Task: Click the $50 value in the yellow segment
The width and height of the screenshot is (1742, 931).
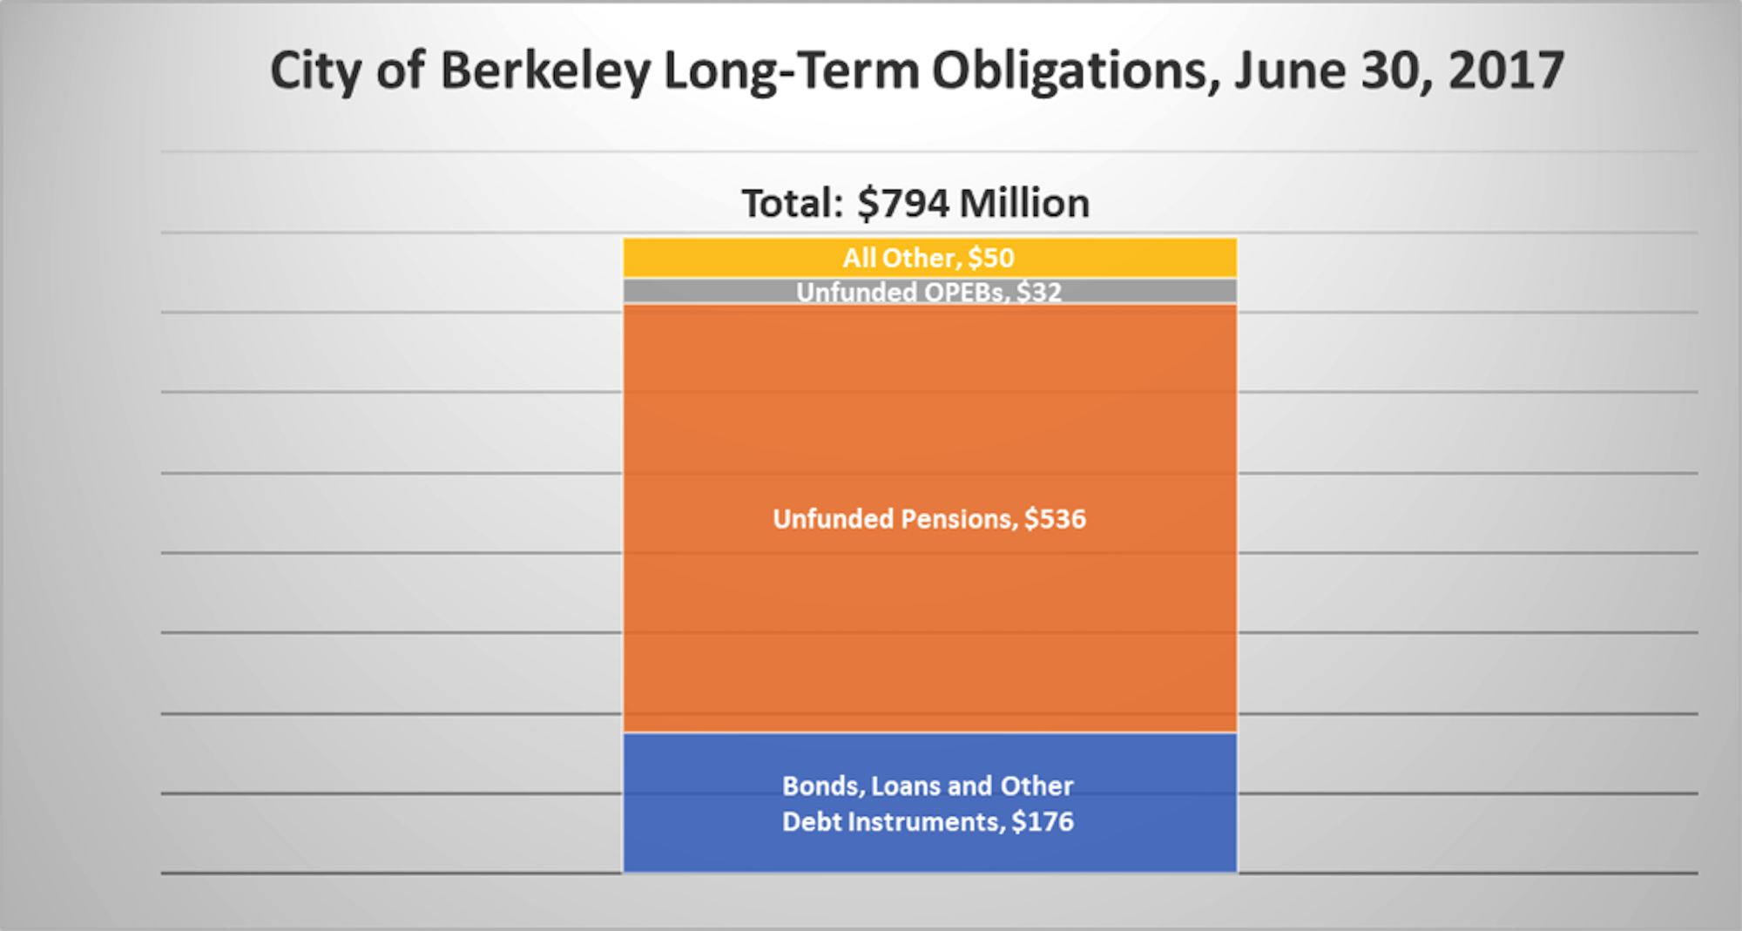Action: [x=991, y=258]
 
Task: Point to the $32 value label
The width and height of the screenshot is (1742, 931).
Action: [x=1039, y=293]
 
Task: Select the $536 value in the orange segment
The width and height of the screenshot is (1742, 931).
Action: [x=1055, y=519]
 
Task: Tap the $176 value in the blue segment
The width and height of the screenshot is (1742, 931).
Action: [x=1043, y=822]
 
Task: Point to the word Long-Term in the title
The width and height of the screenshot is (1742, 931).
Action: [x=791, y=71]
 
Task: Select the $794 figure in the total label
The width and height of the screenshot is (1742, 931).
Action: [x=903, y=204]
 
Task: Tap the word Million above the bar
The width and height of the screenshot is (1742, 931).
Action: [x=1024, y=204]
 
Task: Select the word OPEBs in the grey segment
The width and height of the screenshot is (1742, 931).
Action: [x=964, y=293]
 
